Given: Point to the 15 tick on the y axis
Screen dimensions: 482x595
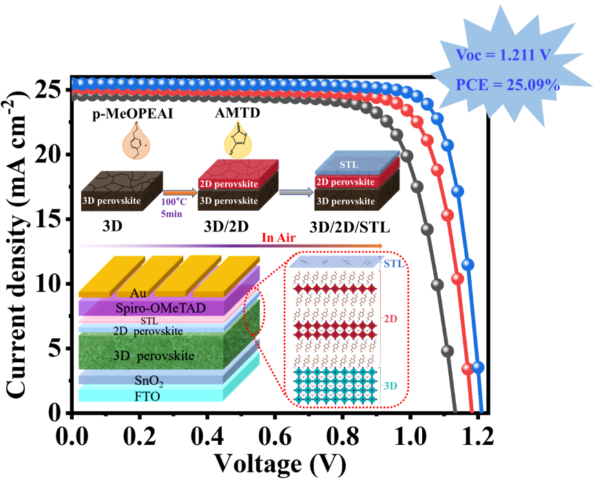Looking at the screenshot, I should pyautogui.click(x=52, y=219).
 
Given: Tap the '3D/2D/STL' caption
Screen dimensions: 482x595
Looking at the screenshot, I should pyautogui.click(x=346, y=224).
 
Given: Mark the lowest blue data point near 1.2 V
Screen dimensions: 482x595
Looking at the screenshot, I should pyautogui.click(x=478, y=367).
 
